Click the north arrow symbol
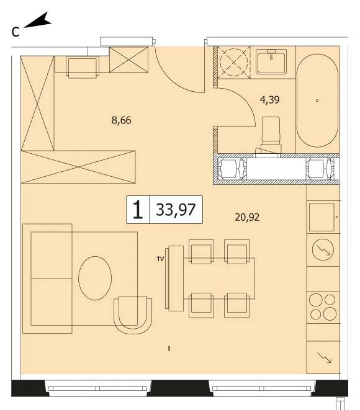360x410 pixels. click(x=38, y=20)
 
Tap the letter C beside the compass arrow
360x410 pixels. click(x=16, y=32)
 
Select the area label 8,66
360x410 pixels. click(x=122, y=120)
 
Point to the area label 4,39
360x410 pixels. click(x=270, y=100)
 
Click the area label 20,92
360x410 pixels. click(x=247, y=217)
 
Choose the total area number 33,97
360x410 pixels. click(x=176, y=210)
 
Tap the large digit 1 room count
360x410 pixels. click(x=138, y=210)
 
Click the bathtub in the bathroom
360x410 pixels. click(x=317, y=100)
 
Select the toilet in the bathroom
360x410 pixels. click(x=271, y=135)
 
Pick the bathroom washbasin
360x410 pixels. click(x=271, y=61)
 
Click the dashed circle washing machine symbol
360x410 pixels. click(x=233, y=62)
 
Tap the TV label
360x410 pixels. click(x=160, y=259)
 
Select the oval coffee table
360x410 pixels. click(x=95, y=279)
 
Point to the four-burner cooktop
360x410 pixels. click(x=323, y=307)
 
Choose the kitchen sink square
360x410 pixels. click(x=322, y=217)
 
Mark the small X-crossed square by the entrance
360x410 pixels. click(x=128, y=60)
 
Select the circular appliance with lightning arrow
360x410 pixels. click(x=323, y=250)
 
